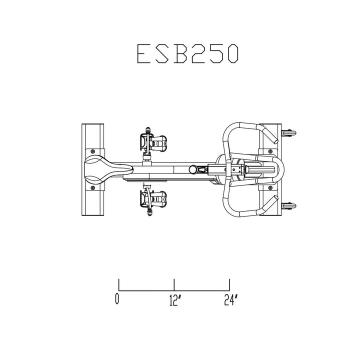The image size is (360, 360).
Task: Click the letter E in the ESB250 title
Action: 145,54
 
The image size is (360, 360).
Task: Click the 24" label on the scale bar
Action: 230,300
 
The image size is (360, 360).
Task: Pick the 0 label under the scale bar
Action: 118,300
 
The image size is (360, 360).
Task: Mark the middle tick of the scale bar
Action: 174,284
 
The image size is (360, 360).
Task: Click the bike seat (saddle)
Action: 100,168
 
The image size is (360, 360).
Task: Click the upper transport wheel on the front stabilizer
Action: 290,133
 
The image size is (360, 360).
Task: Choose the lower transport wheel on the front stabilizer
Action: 290,205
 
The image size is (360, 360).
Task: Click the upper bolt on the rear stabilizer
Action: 92,150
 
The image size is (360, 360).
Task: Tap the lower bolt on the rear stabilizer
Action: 92,188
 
